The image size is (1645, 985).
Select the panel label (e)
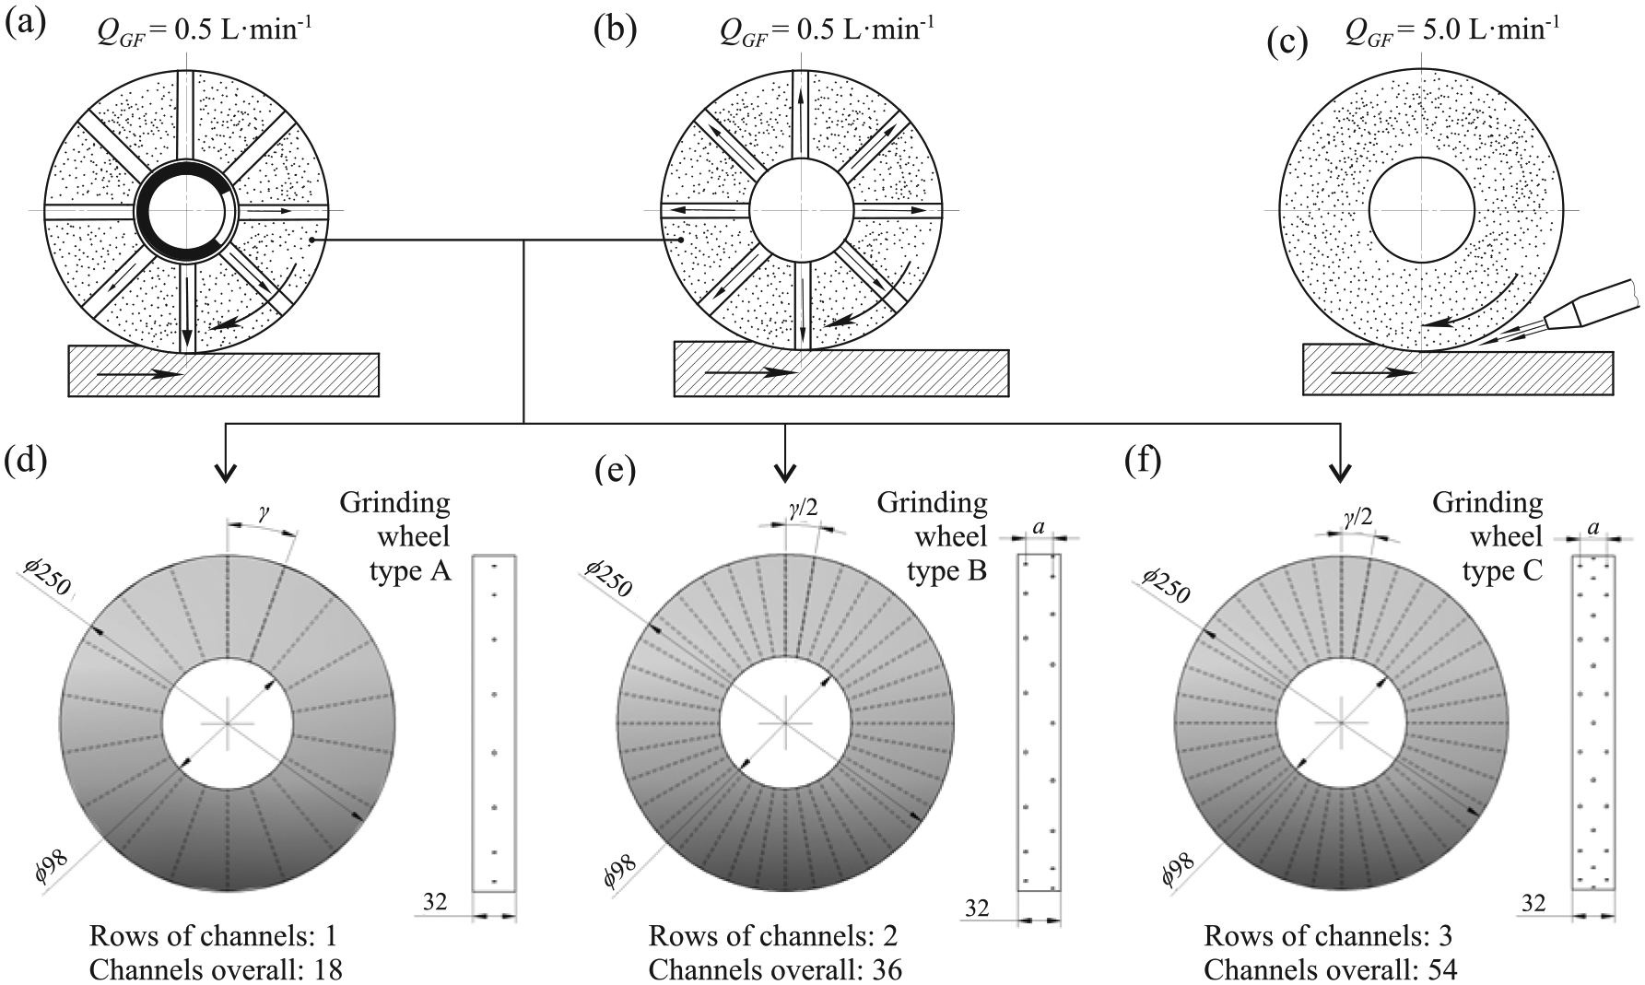pos(615,470)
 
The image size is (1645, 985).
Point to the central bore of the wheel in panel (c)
pos(1422,211)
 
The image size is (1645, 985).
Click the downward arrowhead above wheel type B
pos(784,470)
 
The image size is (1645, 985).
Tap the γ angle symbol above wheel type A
pos(263,516)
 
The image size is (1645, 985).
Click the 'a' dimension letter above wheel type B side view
pos(1039,528)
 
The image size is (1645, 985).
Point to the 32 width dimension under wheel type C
pos(1533,904)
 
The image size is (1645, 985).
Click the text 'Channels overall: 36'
pos(775,969)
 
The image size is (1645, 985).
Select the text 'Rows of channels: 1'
pos(213,936)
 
